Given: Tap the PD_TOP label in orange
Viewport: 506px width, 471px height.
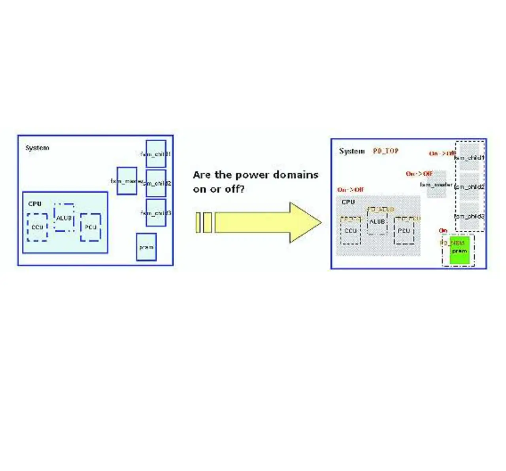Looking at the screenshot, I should coord(385,151).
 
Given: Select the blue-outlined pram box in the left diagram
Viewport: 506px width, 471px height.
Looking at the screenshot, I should coord(146,247).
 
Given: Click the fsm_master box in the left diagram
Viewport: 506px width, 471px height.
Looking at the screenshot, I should coord(127,181).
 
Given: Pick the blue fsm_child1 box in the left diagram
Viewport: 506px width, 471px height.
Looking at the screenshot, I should coord(156,154).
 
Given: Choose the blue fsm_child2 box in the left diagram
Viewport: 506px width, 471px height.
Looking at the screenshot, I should coord(156,183).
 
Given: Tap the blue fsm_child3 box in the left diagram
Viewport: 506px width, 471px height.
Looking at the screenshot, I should coord(156,213).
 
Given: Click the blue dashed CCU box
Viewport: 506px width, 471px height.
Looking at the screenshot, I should coord(37,227).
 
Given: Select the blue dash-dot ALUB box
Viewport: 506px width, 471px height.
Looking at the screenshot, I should coord(64,218).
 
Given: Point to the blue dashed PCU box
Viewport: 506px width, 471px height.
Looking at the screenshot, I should coord(91,227).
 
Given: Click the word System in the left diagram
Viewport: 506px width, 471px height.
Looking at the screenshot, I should coord(37,148).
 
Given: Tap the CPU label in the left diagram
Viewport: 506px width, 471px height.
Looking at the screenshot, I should coord(35,204).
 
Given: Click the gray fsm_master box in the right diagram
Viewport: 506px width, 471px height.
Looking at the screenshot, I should coord(436,184).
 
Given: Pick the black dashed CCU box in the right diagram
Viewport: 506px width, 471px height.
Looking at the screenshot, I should coord(350,231).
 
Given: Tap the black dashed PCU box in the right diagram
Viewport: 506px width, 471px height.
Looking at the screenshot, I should coord(404,231).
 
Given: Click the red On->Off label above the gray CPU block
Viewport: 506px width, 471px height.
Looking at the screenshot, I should coord(350,190).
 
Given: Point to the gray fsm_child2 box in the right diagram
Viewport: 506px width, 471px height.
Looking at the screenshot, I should coord(469,186).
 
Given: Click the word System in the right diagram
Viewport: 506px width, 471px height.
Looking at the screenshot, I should coord(352,151).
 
